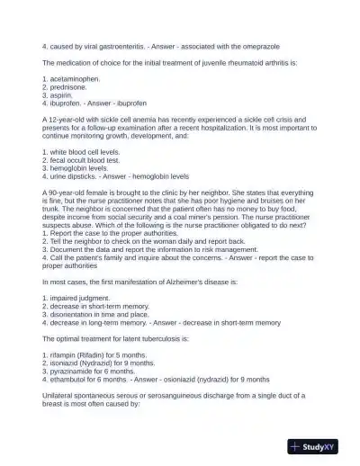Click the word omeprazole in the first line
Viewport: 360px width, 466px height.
[254, 44]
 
